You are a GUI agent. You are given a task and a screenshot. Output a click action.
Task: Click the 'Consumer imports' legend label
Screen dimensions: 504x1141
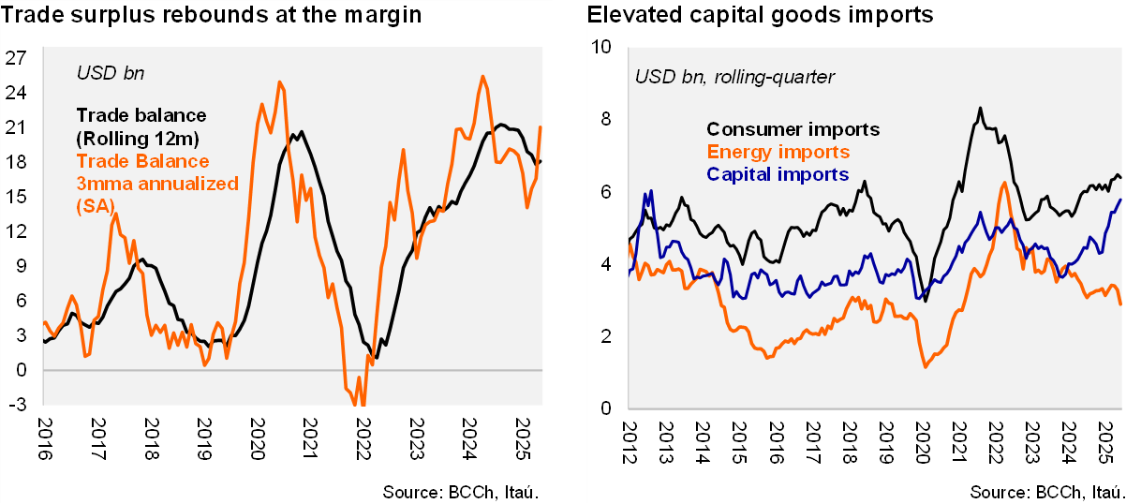[x=793, y=129]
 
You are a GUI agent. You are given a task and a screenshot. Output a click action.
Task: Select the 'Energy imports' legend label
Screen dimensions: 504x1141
[x=778, y=152]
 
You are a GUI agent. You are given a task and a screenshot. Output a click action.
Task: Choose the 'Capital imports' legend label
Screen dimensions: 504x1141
[x=778, y=174]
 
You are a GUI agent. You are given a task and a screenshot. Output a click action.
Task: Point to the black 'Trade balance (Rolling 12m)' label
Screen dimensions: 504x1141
[x=141, y=126]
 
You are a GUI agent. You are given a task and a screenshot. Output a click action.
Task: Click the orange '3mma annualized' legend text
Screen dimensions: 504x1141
[x=157, y=184]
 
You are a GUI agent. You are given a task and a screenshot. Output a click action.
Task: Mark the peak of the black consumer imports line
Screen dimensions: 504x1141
[x=980, y=108]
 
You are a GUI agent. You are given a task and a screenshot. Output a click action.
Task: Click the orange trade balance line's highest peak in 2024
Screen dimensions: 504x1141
[x=482, y=77]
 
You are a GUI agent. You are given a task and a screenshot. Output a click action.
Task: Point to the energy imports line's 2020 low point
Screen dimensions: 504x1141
[x=926, y=366]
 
